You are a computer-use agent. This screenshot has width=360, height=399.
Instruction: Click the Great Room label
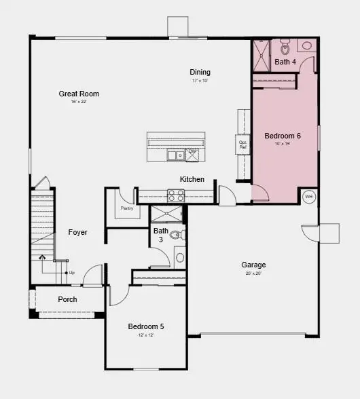point(79,94)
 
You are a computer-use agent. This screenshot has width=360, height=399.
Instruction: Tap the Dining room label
point(200,72)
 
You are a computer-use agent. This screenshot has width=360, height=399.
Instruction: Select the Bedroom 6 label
point(283,136)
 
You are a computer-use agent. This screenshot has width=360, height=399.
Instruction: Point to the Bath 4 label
point(285,62)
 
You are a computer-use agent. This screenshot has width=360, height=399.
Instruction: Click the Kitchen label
point(192,179)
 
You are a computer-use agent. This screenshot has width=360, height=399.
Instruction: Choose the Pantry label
point(127,208)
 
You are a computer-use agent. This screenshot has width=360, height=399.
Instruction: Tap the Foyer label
point(78,232)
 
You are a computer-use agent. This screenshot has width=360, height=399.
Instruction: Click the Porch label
point(67,299)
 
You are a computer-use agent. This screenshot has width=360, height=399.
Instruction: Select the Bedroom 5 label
point(146,326)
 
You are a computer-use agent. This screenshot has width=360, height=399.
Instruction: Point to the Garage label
point(253,265)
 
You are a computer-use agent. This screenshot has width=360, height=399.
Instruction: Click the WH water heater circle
point(309,197)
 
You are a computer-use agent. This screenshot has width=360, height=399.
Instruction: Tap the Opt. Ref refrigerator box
point(242,145)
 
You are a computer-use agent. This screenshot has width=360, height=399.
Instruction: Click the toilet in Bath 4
point(285,47)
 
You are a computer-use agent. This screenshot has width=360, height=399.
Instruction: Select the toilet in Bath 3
point(177,235)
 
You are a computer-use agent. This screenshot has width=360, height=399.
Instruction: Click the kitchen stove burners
point(176,195)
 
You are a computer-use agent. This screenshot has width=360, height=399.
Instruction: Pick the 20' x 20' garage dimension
point(253,273)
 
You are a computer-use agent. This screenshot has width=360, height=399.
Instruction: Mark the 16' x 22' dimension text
point(79,102)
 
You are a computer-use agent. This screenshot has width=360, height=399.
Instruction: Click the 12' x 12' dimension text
point(146,335)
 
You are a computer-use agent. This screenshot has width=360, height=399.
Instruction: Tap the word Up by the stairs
point(71,273)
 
